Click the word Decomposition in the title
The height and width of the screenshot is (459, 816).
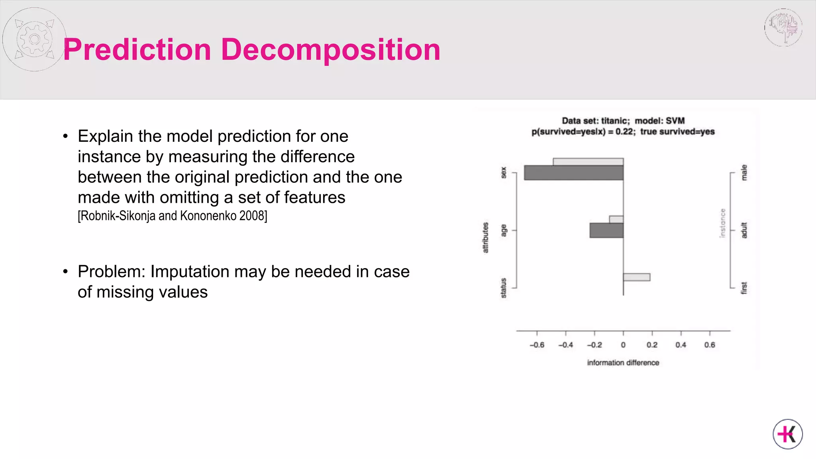pyautogui.click(x=330, y=50)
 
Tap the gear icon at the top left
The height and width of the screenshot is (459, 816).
pyautogui.click(x=34, y=39)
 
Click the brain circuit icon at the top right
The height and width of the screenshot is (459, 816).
pyautogui.click(x=783, y=27)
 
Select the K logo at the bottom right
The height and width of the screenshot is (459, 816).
pyautogui.click(x=787, y=434)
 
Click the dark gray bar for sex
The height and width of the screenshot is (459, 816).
pyautogui.click(x=573, y=173)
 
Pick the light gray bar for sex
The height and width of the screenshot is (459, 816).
pyautogui.click(x=588, y=162)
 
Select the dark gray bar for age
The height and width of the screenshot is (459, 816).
pyautogui.click(x=606, y=230)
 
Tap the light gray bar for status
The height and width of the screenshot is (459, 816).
pyautogui.click(x=636, y=277)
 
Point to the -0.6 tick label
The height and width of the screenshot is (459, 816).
pyautogui.click(x=537, y=345)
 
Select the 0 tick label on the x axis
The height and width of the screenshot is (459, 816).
pyautogui.click(x=623, y=345)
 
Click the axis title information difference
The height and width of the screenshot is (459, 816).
pyautogui.click(x=623, y=363)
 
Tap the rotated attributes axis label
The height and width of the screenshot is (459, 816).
pyautogui.click(x=485, y=237)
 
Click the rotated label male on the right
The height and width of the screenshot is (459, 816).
pyautogui.click(x=744, y=173)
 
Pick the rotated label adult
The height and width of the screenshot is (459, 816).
pyautogui.click(x=744, y=230)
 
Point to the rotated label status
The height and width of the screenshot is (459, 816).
pyautogui.click(x=503, y=288)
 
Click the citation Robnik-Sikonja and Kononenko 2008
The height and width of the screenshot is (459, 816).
pyautogui.click(x=172, y=216)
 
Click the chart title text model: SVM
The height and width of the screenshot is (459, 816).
pyautogui.click(x=659, y=121)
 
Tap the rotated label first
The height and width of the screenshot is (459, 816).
pyautogui.click(x=744, y=288)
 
